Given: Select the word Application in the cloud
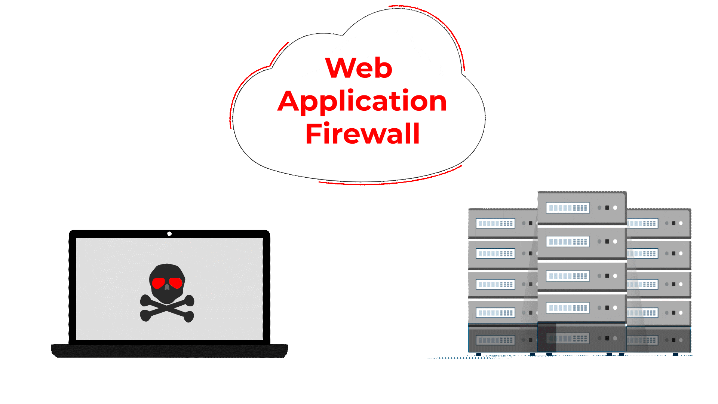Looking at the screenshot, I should [362, 101].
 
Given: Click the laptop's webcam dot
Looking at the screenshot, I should [169, 234].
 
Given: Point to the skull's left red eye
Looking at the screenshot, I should [159, 282].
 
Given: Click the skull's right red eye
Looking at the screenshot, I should [176, 282].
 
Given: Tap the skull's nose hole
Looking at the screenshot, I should [167, 288].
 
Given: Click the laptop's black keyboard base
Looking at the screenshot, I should [169, 351].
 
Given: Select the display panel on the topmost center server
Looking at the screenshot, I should [568, 208].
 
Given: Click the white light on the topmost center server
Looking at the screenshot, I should [615, 208].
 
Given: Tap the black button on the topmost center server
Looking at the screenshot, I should [607, 208].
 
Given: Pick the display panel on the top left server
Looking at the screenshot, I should [495, 223].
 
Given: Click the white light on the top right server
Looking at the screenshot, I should [681, 223].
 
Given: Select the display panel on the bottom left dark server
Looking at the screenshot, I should [495, 340].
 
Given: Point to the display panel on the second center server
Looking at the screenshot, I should [568, 242].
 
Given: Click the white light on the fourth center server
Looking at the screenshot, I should [615, 308].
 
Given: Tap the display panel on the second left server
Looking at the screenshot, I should [495, 254].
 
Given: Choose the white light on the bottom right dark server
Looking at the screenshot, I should [681, 340].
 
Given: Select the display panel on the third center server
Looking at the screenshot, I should [568, 276].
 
